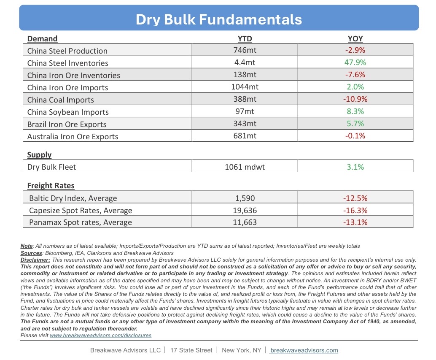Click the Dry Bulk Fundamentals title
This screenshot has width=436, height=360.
tap(218, 19)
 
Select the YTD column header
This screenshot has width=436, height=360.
tap(245, 39)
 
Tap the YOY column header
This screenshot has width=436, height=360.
tap(355, 39)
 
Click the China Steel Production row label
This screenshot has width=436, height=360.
tap(67, 51)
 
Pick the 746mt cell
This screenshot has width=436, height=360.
tap(245, 50)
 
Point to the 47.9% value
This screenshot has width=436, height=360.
tap(355, 62)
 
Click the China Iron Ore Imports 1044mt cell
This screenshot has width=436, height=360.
tap(245, 87)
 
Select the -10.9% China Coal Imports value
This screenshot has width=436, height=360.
tap(355, 99)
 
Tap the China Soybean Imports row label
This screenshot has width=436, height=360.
tap(68, 112)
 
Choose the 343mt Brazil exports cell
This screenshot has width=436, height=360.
tap(245, 124)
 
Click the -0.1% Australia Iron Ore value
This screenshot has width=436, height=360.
tap(355, 136)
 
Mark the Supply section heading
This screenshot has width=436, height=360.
tap(39, 155)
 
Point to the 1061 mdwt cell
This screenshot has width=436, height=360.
tap(245, 167)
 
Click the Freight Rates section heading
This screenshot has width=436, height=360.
tap(51, 185)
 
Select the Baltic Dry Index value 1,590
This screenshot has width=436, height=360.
tap(245, 198)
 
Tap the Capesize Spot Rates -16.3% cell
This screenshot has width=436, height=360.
tap(355, 210)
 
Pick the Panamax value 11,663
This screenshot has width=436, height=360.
tap(245, 222)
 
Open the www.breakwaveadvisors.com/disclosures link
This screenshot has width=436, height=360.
tap(100, 336)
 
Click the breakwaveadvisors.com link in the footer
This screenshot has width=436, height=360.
tap(304, 350)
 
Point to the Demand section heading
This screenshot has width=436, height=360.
tap(42, 39)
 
